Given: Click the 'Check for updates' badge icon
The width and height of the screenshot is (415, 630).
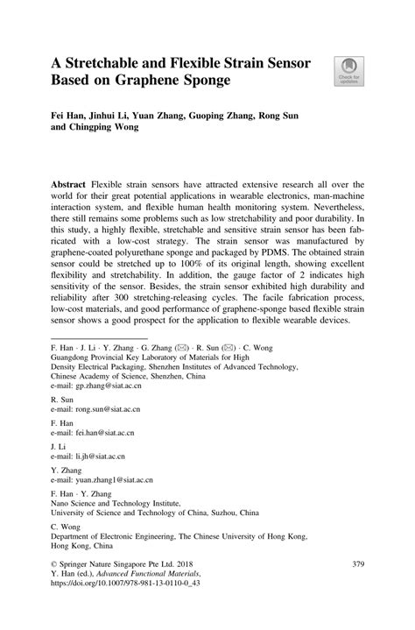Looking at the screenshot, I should point(348,69).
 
